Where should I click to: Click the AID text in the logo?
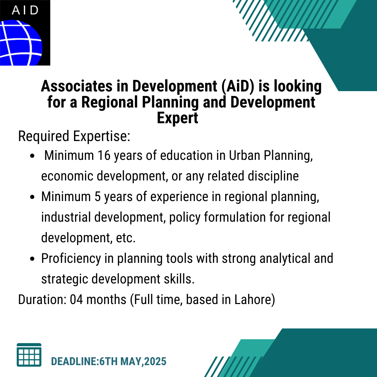(x=25, y=10)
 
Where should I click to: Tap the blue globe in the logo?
(x=21, y=43)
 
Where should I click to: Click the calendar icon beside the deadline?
(x=29, y=355)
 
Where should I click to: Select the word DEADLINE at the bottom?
(x=74, y=361)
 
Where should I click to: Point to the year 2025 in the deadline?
(x=155, y=361)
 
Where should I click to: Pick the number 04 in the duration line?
(x=76, y=300)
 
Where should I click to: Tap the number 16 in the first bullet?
(x=104, y=155)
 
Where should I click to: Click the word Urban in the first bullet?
(x=244, y=155)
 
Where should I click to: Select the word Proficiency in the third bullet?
(x=71, y=259)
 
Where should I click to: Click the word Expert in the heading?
(x=177, y=118)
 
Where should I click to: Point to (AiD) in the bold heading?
(x=238, y=86)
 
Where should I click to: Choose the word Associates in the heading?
(x=77, y=86)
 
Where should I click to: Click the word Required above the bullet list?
(x=44, y=136)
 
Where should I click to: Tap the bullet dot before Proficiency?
(x=32, y=259)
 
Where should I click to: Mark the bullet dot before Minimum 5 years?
(x=32, y=197)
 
